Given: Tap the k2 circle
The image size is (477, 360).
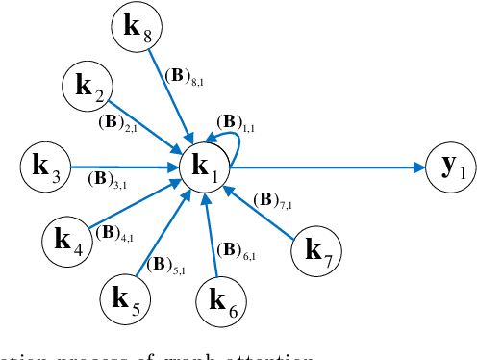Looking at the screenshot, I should click(88, 86).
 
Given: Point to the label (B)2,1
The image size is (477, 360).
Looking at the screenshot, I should click(117, 123).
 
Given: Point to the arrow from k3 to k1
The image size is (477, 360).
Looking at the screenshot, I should click(125, 166).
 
